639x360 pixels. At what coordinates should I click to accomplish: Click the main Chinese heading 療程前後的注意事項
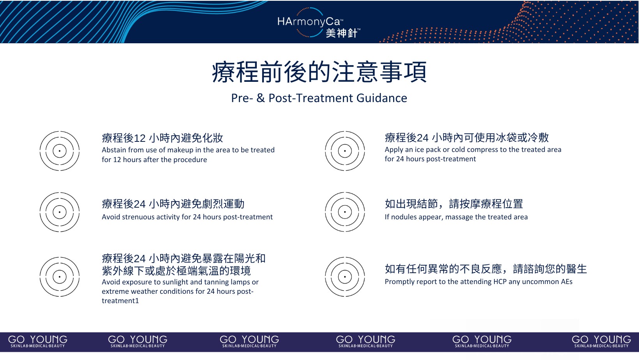[x=319, y=72]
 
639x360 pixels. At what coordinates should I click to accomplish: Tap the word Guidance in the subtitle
[x=382, y=98]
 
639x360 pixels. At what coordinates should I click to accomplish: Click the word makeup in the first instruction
[x=179, y=150]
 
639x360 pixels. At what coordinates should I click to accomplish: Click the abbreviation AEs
[x=565, y=282]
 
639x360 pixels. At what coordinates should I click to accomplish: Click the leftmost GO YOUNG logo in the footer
[x=38, y=341]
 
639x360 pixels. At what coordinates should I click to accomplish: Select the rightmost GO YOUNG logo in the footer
[x=601, y=341]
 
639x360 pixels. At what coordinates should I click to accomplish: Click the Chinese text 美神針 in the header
[x=342, y=33]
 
